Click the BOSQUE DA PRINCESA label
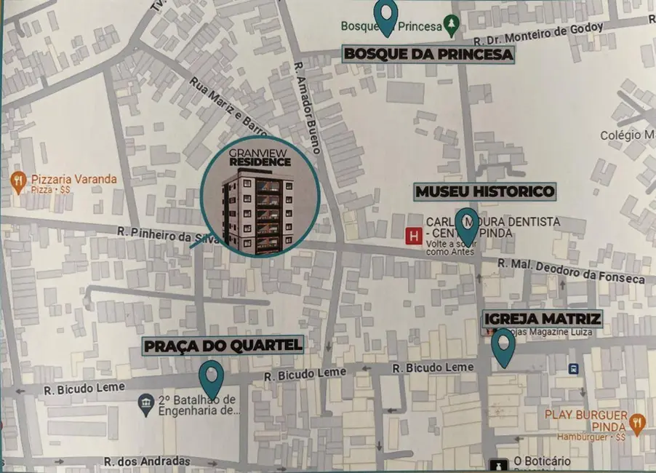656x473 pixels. (428, 54)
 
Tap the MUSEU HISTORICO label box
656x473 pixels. (485, 191)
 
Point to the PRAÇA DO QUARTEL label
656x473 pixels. (223, 346)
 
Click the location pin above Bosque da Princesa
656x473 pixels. (385, 16)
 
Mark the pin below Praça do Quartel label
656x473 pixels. (211, 379)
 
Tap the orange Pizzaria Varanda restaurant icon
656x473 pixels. (17, 182)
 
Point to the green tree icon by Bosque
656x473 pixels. (452, 26)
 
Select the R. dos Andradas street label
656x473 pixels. (146, 461)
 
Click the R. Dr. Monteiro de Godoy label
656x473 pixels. (537, 35)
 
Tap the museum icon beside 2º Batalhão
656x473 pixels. (145, 402)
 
